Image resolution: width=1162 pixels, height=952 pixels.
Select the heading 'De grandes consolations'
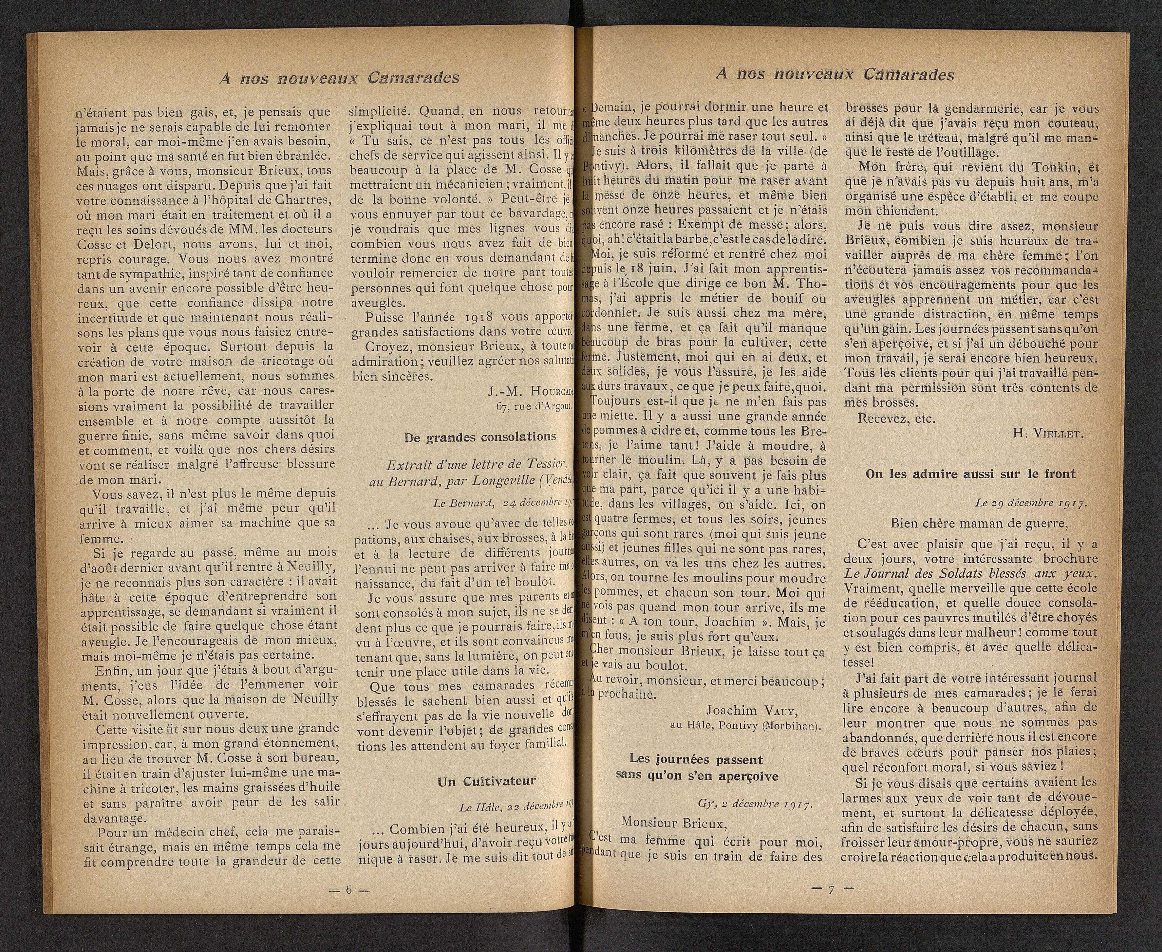click(480, 437)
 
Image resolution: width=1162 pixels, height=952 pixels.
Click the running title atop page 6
click(339, 78)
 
